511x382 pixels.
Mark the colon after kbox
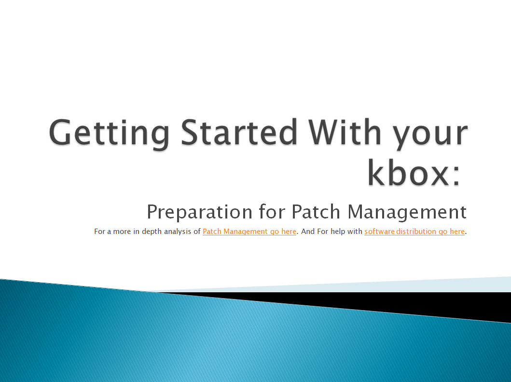pos(455,177)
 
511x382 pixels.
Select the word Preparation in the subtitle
pos(199,212)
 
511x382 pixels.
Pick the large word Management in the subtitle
pos(407,212)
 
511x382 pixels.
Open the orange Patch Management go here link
pos(249,232)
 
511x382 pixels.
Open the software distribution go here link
pos(414,232)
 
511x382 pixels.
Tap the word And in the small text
pos(308,232)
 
